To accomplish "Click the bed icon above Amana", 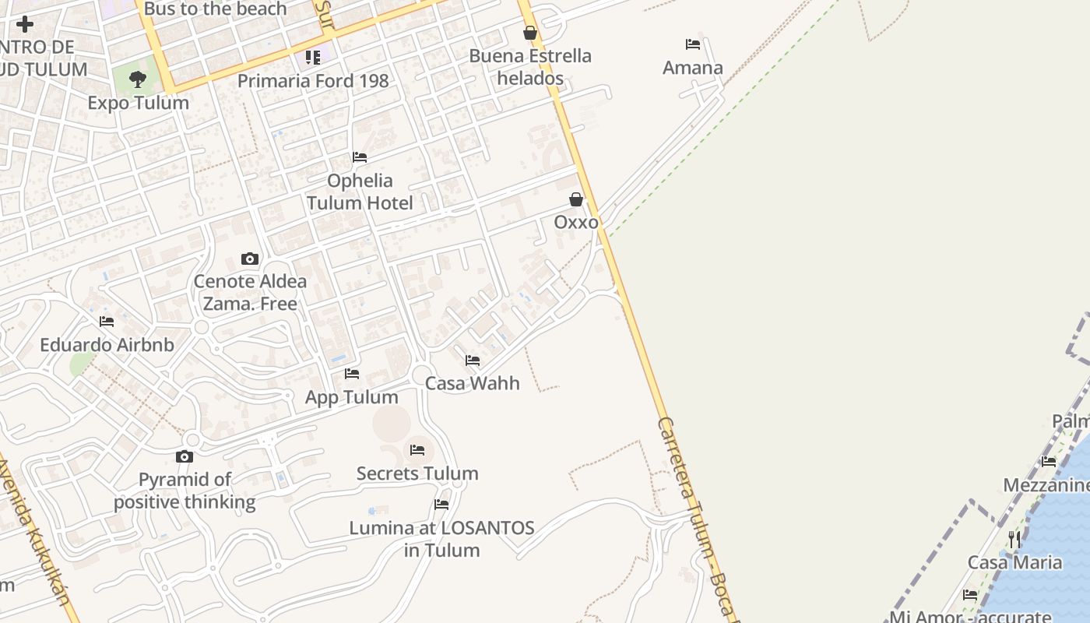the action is (692, 44).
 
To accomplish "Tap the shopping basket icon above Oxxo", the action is (576, 199).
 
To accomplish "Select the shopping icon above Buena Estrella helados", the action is (530, 33).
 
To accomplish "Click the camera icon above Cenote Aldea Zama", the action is (250, 259).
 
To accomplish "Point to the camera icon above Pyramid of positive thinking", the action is (185, 456).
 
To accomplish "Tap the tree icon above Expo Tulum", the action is (138, 79).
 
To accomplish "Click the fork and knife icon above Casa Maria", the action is (1014, 539).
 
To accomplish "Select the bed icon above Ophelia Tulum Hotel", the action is (360, 157).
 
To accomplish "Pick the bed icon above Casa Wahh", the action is (473, 361).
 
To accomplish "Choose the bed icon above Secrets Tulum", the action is (417, 450).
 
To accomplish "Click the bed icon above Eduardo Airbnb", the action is (107, 322).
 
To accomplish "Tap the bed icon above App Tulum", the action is (352, 374).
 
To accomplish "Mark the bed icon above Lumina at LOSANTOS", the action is (441, 505).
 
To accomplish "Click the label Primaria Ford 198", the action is (312, 81).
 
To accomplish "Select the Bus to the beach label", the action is (216, 9).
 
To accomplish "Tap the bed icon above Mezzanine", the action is (1049, 462).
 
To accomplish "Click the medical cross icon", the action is (25, 24).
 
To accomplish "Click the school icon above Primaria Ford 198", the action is (312, 57).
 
